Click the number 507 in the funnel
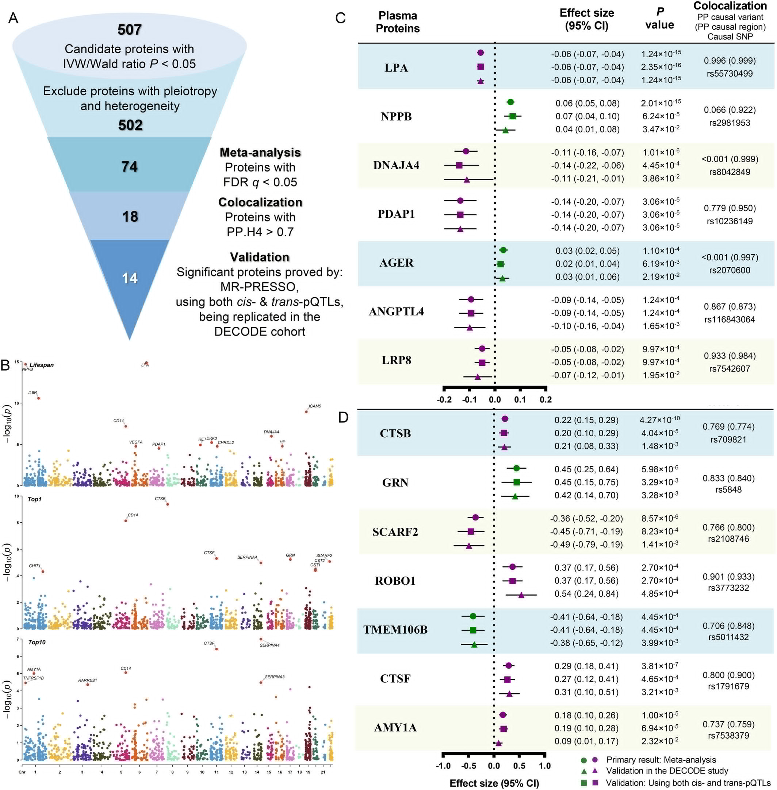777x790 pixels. (129, 30)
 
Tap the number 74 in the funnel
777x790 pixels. (129, 166)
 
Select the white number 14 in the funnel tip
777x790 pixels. (130, 278)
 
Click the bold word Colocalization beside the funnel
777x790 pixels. (260, 202)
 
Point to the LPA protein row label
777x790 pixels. (396, 68)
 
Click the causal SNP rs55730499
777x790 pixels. (729, 74)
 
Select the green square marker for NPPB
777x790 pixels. (513, 116)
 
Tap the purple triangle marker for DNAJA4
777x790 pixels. (467, 179)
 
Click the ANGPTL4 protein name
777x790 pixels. (396, 312)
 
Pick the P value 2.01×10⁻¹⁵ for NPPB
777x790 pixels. (661, 103)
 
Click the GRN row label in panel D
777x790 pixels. (395, 483)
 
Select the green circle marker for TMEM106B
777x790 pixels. (473, 616)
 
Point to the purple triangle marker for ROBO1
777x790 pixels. (521, 595)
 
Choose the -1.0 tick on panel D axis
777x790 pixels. (443, 766)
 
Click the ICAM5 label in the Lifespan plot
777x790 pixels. (315, 406)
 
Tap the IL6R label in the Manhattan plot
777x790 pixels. (32, 392)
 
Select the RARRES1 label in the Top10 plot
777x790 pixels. (87, 680)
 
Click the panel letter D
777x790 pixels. (343, 417)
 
